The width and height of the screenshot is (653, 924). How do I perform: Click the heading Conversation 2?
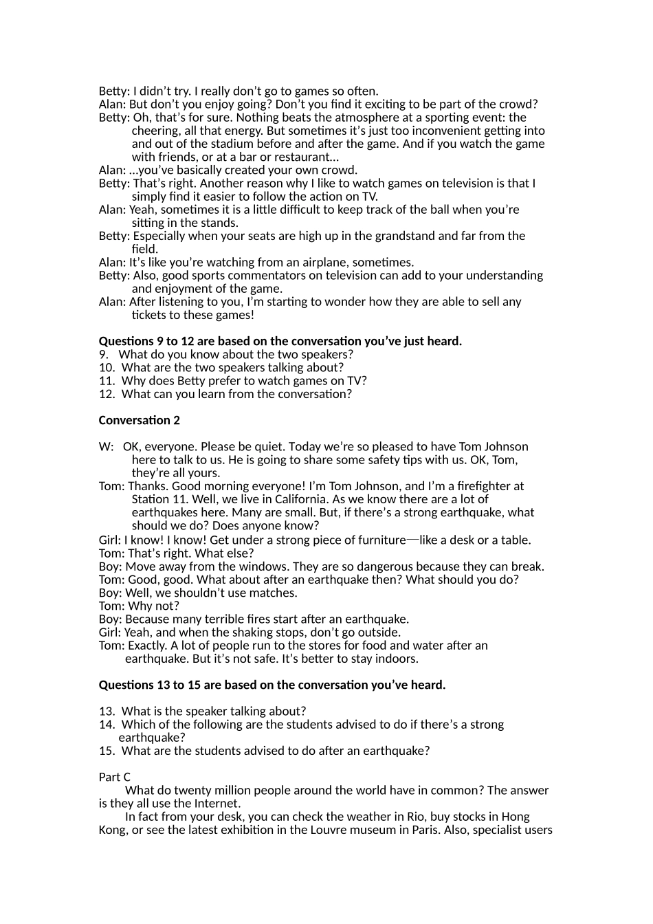click(x=140, y=420)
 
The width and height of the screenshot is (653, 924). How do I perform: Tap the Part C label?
click(x=114, y=777)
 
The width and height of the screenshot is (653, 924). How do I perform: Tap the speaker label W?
click(x=106, y=447)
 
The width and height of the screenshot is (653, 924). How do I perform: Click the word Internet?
click(x=216, y=803)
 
